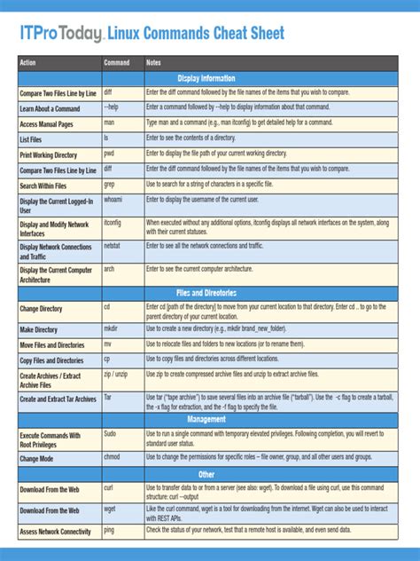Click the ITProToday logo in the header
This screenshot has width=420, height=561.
pos(61,34)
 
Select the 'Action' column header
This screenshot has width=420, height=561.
pos(28,63)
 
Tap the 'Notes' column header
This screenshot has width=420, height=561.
pos(153,63)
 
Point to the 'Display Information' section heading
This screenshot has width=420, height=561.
pos(206,77)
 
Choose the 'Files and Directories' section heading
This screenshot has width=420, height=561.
pos(206,292)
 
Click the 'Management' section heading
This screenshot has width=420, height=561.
pos(206,418)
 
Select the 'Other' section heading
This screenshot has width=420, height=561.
pos(206,474)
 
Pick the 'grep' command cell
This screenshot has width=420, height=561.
pos(109,184)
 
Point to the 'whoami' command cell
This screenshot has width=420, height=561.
pos(113,200)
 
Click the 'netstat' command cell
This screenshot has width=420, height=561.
pos(112,244)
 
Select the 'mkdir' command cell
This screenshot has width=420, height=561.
pos(111,328)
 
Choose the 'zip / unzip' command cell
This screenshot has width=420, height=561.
pos(116,375)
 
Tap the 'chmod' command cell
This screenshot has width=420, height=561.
pos(112,456)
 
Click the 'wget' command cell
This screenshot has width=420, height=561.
pos(109,509)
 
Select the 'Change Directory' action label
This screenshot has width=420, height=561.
pos(41,309)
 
